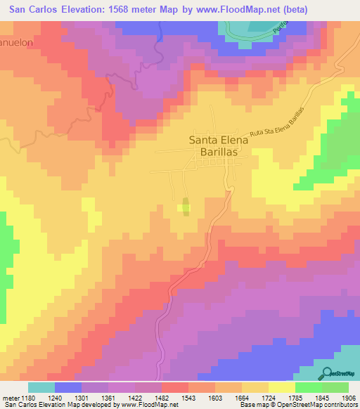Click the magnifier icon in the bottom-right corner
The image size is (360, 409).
325,373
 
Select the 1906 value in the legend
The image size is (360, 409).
349,397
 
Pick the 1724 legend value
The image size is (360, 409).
268,397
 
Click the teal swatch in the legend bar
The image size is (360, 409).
41,387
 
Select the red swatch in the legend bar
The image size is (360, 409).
174,387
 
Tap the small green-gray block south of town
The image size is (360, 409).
186,207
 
